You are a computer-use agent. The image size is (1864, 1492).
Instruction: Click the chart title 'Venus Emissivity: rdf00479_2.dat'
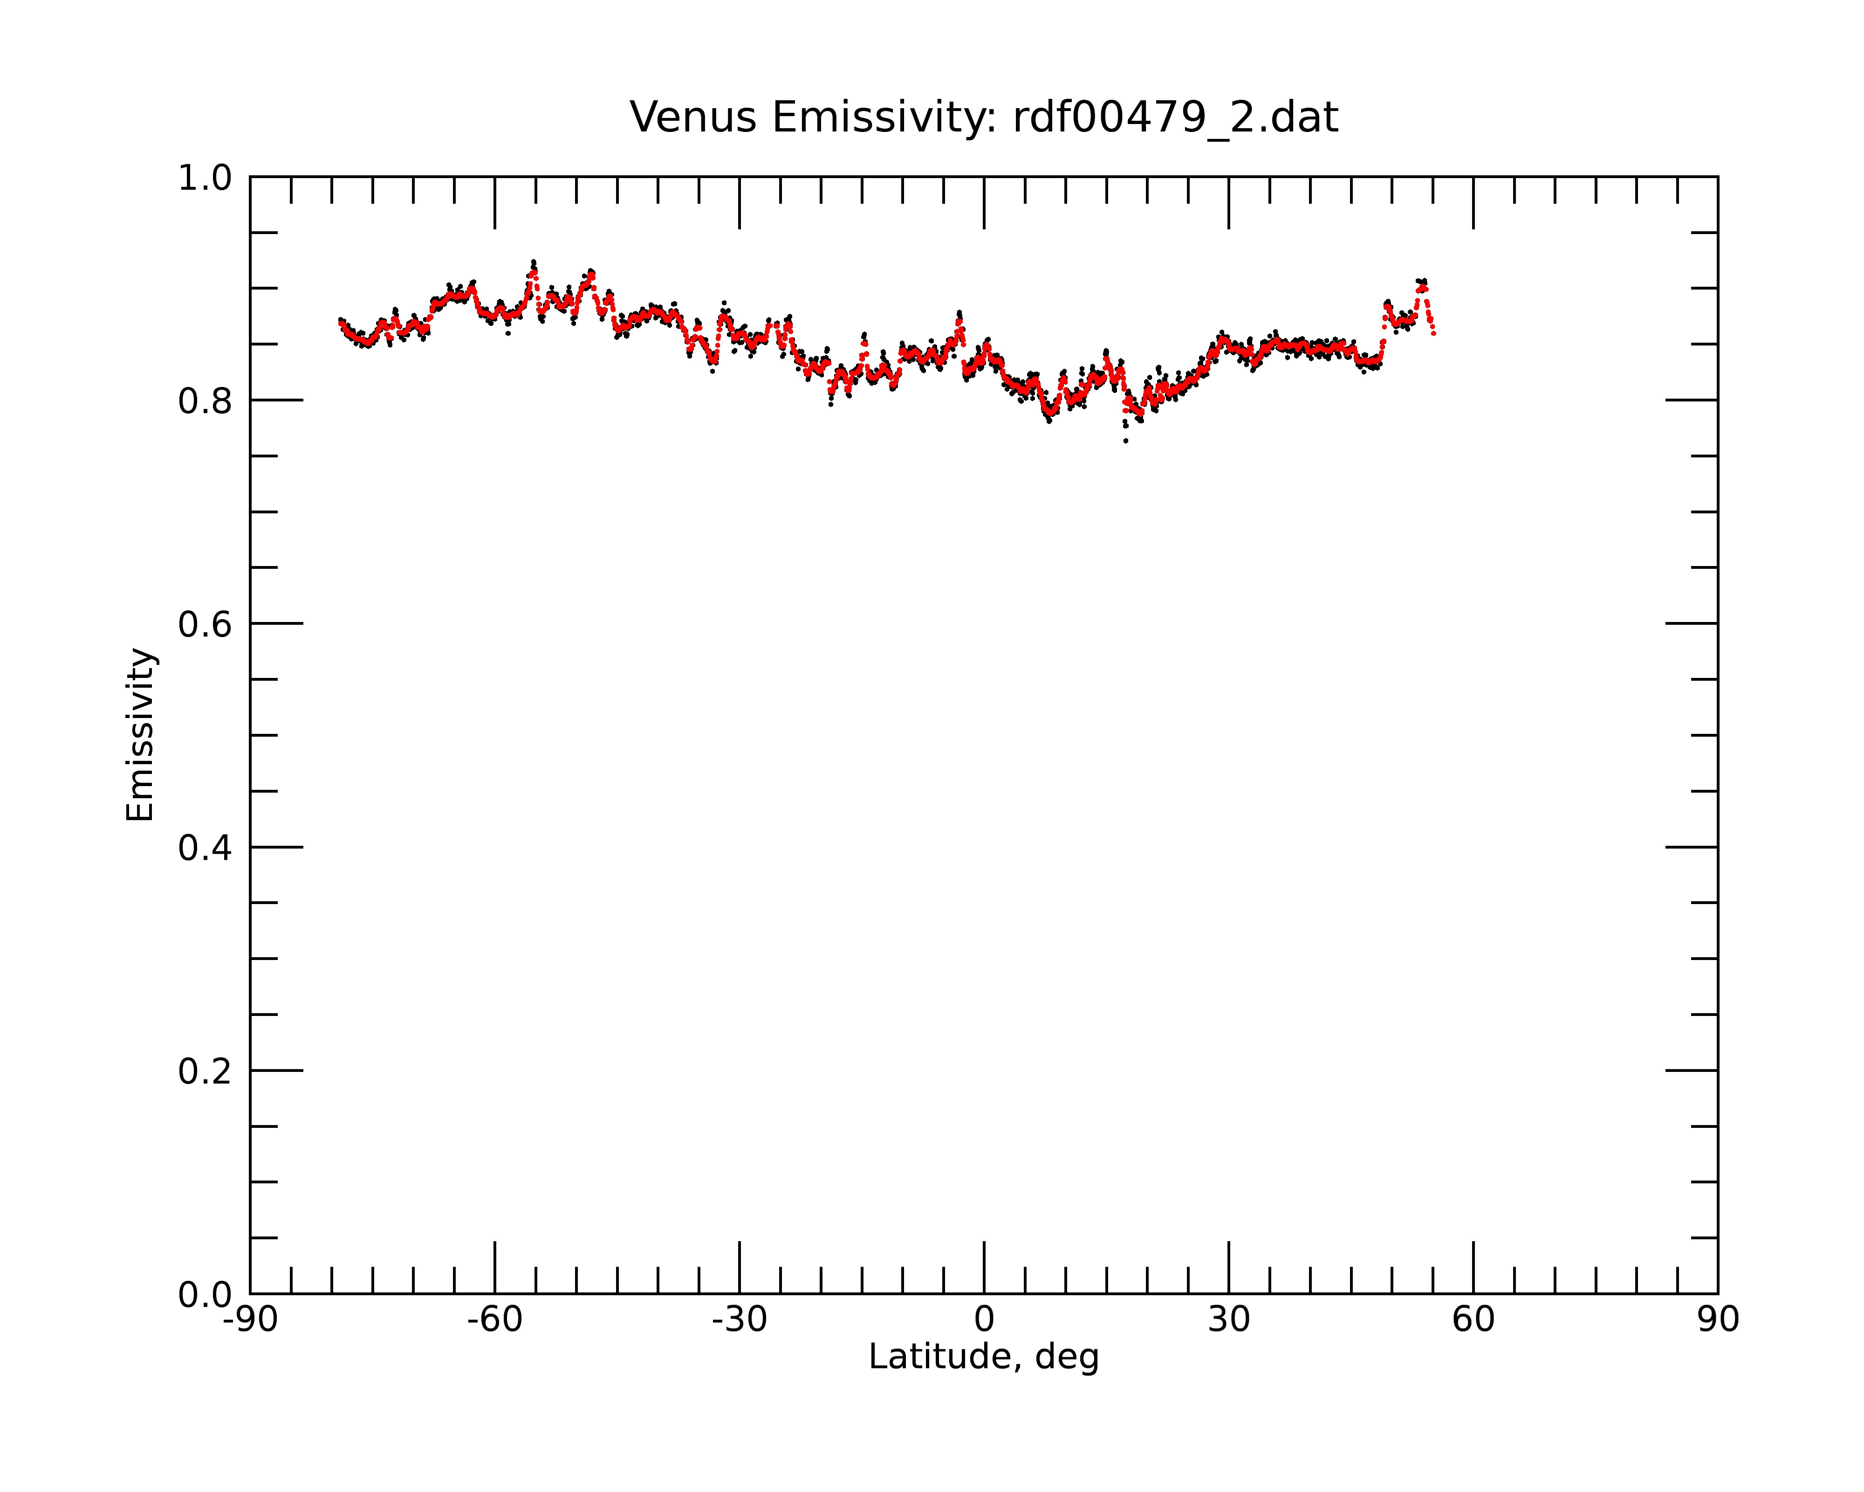[x=984, y=117]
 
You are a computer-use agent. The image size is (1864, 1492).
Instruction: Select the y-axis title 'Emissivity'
[x=140, y=735]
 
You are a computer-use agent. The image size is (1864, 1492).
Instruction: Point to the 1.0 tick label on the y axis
[x=205, y=179]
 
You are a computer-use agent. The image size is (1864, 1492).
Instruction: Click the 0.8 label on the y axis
[x=205, y=401]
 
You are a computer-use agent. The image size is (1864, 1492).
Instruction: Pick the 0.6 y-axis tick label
[x=205, y=624]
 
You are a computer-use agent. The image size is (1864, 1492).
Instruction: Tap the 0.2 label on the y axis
[x=205, y=1071]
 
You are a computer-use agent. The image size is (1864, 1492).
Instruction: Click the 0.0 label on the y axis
[x=205, y=1295]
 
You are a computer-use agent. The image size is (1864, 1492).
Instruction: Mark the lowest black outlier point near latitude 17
[x=1126, y=441]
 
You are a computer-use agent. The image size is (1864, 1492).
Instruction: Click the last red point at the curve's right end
[x=1434, y=334]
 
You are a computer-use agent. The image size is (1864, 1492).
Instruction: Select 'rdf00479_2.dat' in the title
[x=1176, y=117]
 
